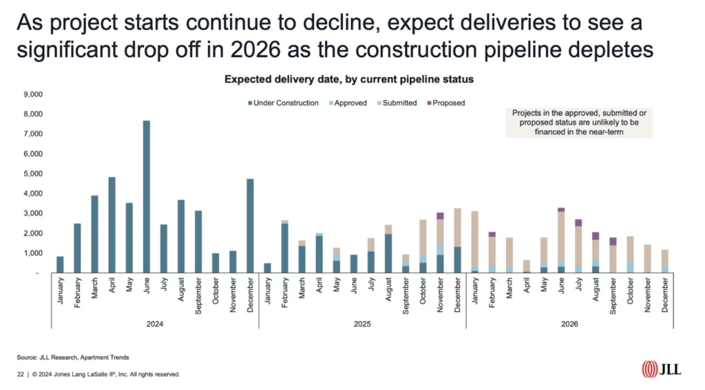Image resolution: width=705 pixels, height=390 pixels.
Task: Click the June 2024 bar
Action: tap(147, 196)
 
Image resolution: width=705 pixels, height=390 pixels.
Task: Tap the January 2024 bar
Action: tap(60, 265)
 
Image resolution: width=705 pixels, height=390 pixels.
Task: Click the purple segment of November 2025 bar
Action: tap(440, 216)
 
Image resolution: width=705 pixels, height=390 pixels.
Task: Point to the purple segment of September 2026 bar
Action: tap(613, 242)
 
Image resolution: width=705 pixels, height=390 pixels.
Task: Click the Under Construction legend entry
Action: tap(282, 103)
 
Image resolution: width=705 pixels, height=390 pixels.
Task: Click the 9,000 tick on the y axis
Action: tap(32, 94)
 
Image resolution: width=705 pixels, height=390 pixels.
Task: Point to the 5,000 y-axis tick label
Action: tap(32, 174)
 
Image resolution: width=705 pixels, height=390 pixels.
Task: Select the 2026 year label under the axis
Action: tap(569, 323)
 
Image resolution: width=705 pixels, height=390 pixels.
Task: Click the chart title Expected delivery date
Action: tap(349, 80)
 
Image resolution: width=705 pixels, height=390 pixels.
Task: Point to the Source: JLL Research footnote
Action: tap(73, 358)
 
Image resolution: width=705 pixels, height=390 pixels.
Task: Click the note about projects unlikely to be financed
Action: tap(578, 123)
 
